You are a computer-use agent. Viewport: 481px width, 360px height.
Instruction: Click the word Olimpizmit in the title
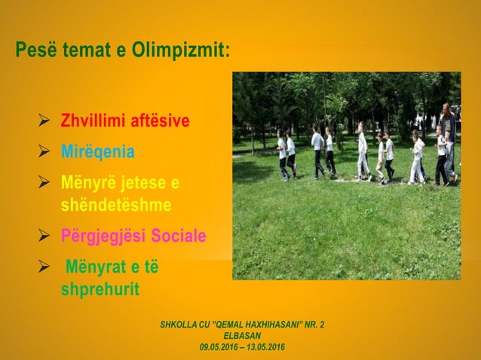click(174, 52)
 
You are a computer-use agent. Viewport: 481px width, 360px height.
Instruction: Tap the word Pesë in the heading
click(33, 52)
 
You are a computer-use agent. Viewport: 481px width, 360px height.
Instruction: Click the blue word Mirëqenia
click(98, 152)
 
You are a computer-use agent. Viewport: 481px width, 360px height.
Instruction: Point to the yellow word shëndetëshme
click(115, 205)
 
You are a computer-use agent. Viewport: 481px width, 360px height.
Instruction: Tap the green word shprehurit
click(100, 289)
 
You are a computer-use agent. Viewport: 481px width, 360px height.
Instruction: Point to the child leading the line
click(282, 154)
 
